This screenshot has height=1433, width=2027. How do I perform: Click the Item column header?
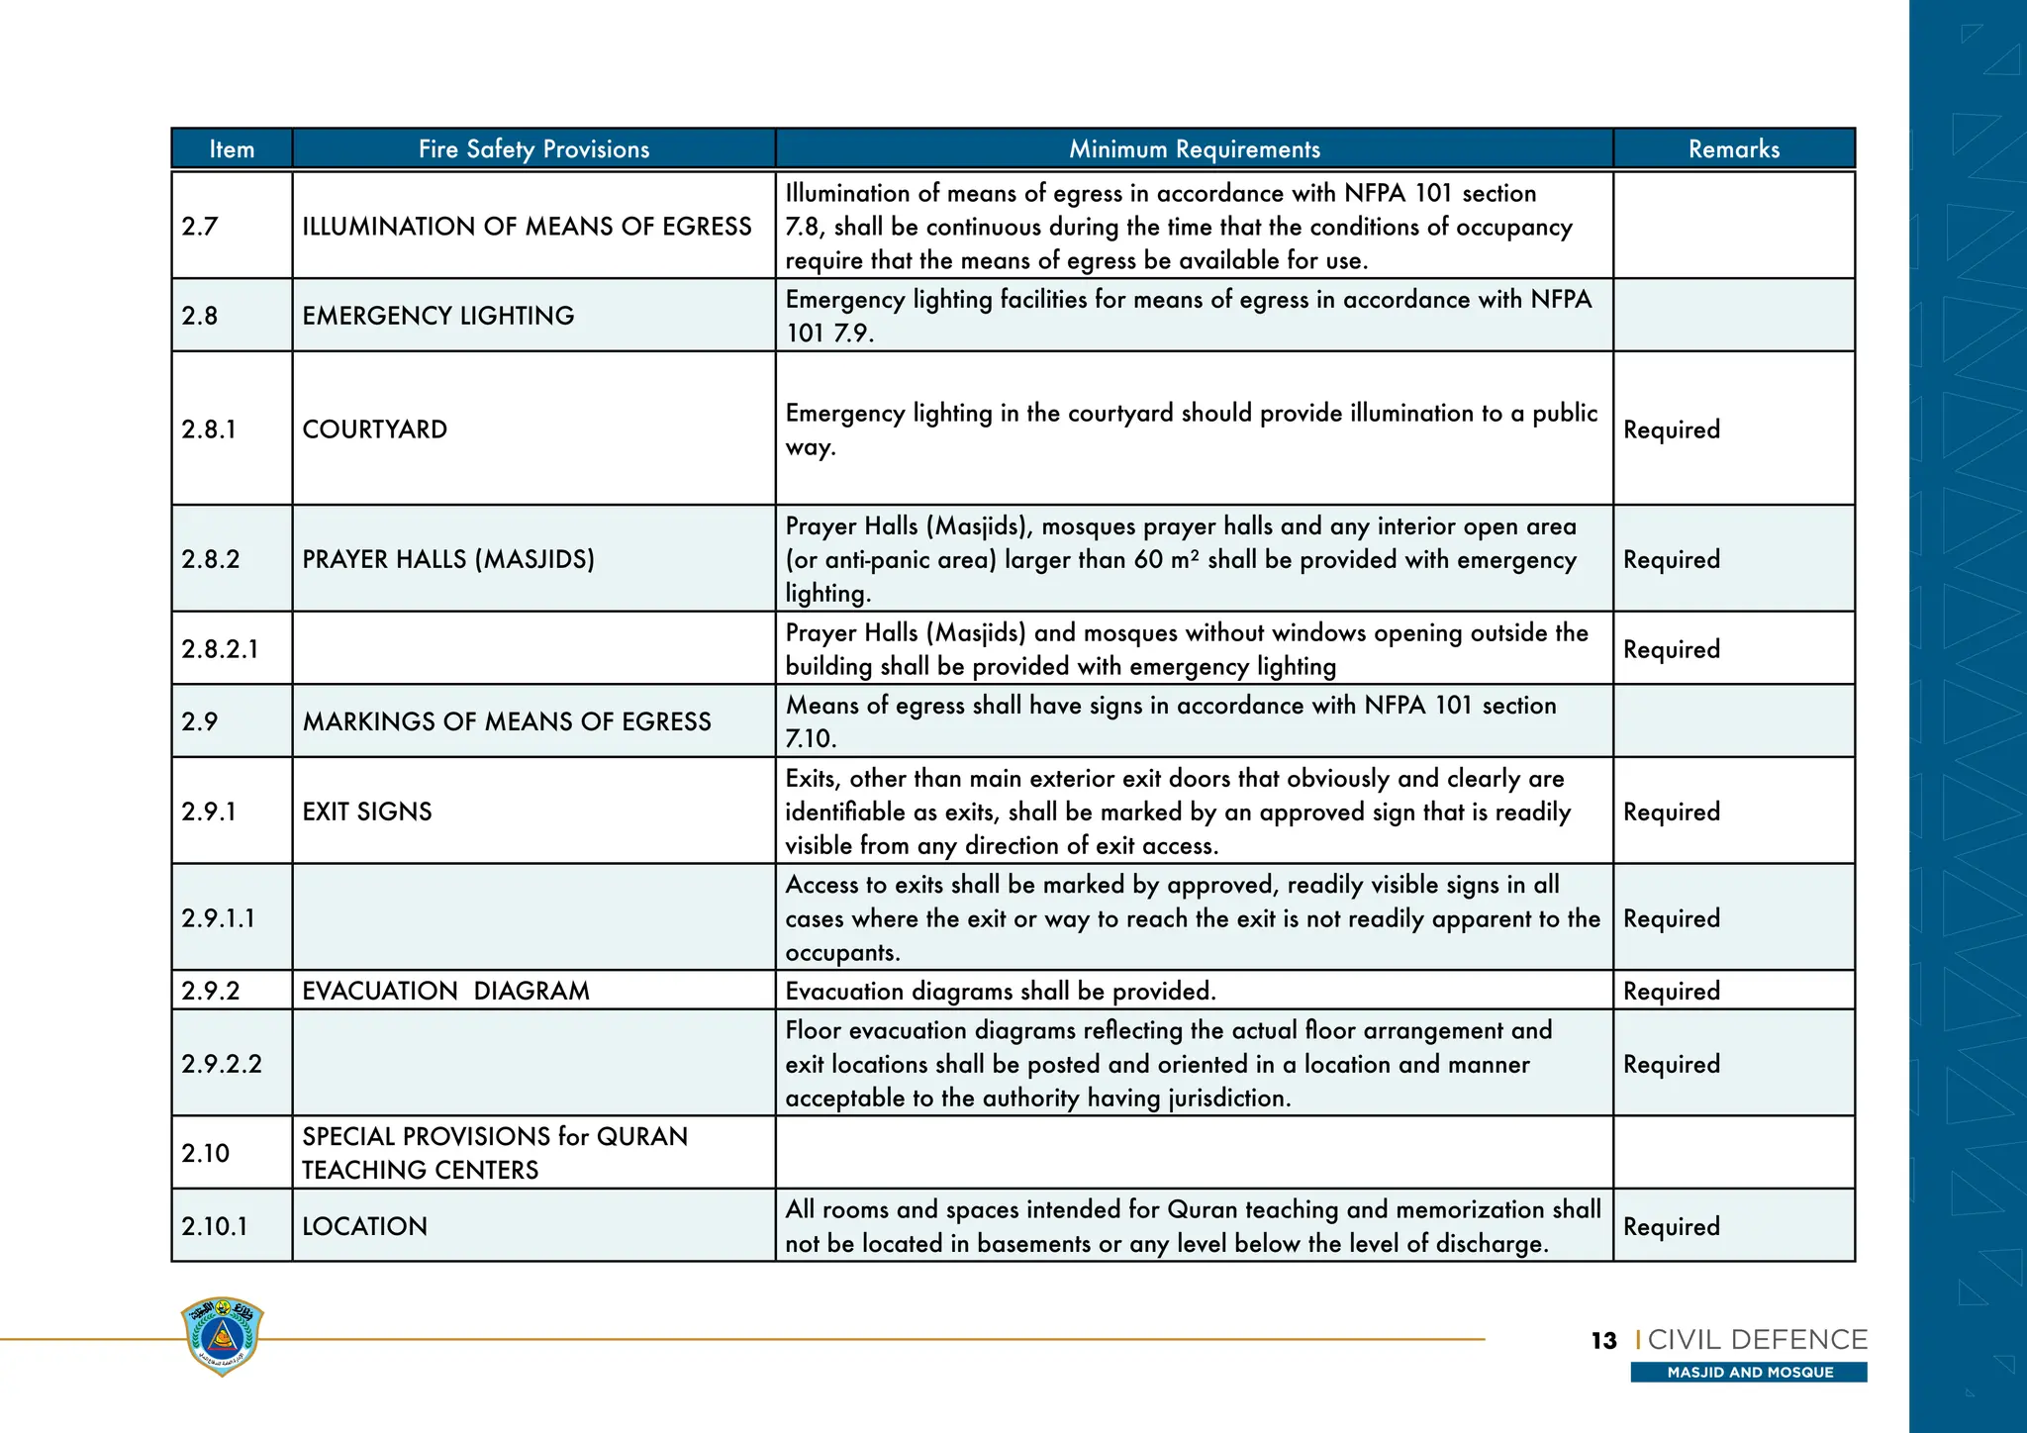pyautogui.click(x=232, y=149)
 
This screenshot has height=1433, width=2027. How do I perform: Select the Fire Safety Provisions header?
pyautogui.click(x=533, y=149)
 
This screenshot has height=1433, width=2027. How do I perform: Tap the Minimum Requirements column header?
pyautogui.click(x=1194, y=149)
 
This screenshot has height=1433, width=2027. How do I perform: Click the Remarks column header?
pyautogui.click(x=1733, y=149)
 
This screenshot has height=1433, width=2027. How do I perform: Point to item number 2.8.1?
pyautogui.click(x=209, y=430)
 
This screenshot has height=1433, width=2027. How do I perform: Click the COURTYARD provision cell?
pyautogui.click(x=374, y=430)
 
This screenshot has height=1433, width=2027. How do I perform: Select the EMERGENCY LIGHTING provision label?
pyautogui.click(x=437, y=316)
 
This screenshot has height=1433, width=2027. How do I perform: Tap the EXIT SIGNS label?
pyautogui.click(x=367, y=812)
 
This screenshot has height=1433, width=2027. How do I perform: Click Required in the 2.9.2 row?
pyautogui.click(x=1671, y=991)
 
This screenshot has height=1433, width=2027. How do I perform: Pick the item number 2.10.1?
pyautogui.click(x=214, y=1226)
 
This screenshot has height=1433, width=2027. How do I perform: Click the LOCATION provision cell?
pyautogui.click(x=364, y=1226)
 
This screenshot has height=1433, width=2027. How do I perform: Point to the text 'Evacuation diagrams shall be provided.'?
pyautogui.click(x=1000, y=991)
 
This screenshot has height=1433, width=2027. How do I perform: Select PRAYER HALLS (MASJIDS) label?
pyautogui.click(x=447, y=559)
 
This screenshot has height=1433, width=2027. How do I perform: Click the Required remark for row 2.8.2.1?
pyautogui.click(x=1671, y=649)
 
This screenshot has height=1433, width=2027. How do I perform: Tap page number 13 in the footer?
pyautogui.click(x=1603, y=1341)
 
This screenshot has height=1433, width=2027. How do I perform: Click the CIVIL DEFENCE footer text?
pyautogui.click(x=1757, y=1340)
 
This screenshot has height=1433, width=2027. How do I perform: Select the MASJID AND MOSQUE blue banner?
pyautogui.click(x=1749, y=1372)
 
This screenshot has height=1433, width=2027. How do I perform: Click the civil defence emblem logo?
pyautogui.click(x=223, y=1335)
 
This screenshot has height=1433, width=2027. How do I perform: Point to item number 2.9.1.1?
pyautogui.click(x=218, y=918)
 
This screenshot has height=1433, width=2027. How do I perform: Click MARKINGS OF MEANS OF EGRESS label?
pyautogui.click(x=506, y=721)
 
